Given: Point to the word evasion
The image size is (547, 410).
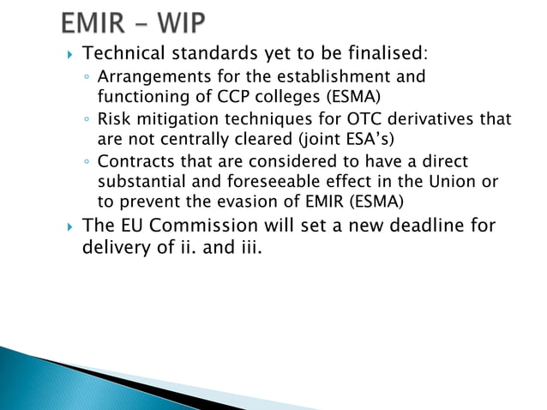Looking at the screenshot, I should tap(210, 200).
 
